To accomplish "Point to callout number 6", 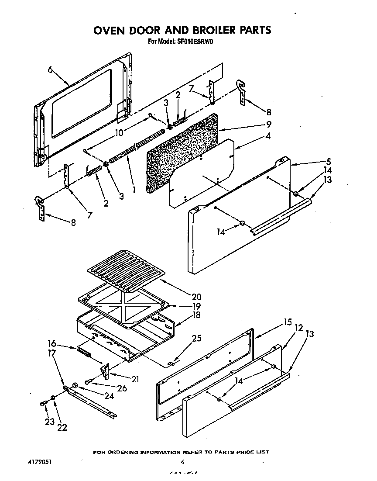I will [x=50, y=69].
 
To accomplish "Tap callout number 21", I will [x=135, y=380].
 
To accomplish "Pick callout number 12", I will [x=299, y=328].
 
